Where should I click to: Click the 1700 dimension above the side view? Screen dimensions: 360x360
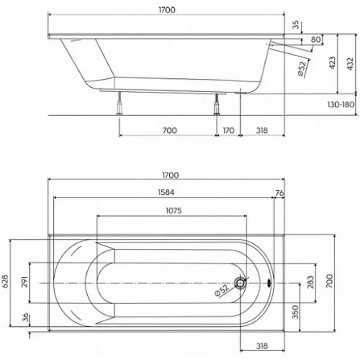(167, 10)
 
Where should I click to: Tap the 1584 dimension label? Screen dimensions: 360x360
(166, 192)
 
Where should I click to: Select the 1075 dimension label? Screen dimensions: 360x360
(174, 211)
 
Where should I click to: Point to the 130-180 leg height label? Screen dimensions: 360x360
(341, 104)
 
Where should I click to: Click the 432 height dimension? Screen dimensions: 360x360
(350, 64)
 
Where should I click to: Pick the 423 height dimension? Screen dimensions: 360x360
(332, 63)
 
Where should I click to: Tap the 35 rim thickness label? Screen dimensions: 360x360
(296, 25)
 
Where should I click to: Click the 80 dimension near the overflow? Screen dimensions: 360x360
(316, 40)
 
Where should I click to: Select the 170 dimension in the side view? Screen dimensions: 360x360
(229, 130)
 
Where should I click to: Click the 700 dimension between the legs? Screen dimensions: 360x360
(170, 130)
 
